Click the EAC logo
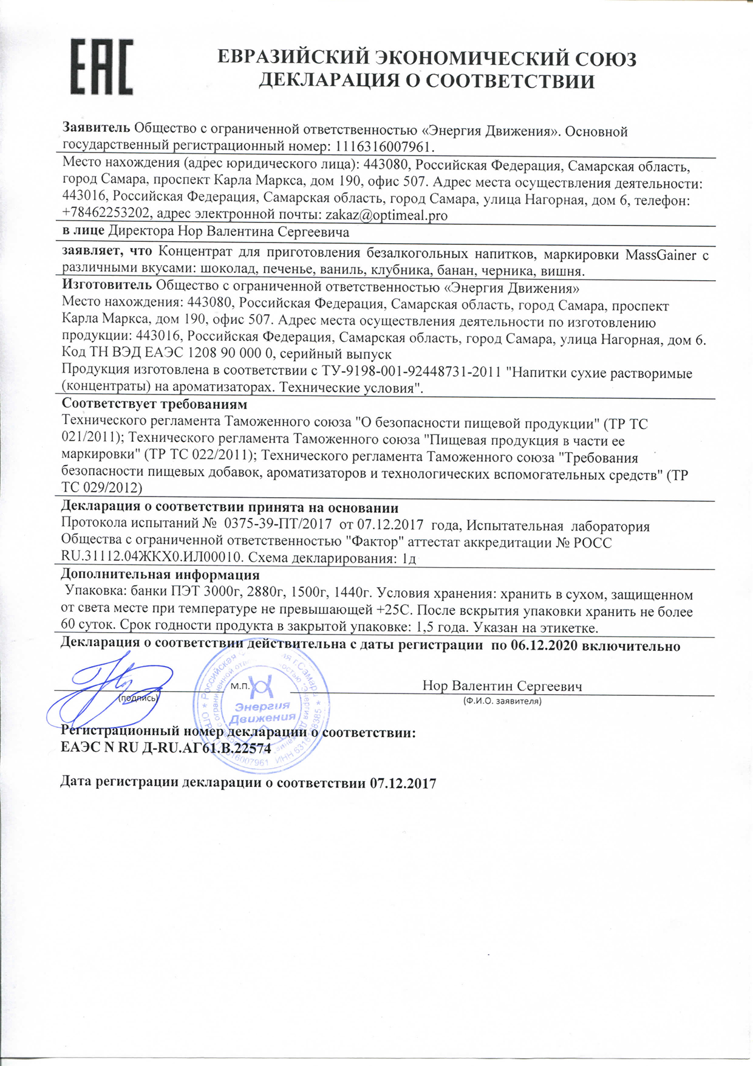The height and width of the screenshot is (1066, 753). pos(102,67)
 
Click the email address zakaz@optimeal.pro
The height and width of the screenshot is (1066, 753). pos(387,215)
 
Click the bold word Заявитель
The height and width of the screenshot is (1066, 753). pos(97,129)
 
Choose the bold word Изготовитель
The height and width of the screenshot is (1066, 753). pos(107,286)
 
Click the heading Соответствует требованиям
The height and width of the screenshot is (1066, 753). pos(154,405)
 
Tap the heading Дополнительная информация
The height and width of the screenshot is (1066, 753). pos(160,575)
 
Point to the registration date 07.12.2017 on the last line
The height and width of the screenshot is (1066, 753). pos(403,783)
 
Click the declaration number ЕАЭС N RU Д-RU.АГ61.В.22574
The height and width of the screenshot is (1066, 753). pos(166,749)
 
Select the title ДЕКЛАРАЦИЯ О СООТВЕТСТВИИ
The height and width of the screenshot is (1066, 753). pos(426,81)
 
